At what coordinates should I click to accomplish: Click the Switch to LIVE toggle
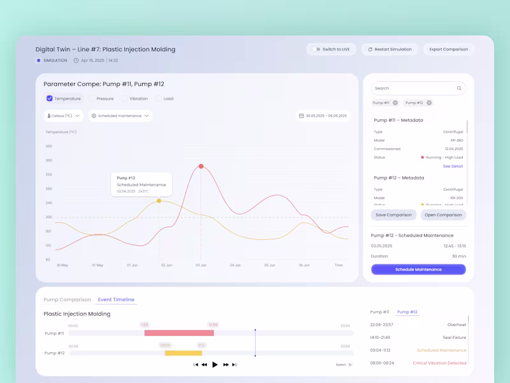317,49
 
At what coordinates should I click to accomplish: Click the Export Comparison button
448,49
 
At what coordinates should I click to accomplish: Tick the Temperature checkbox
50,98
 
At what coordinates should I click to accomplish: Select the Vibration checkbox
125,99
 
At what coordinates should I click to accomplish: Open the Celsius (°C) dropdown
64,116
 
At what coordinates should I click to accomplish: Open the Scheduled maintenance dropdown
120,116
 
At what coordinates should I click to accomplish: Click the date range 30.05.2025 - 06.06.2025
323,116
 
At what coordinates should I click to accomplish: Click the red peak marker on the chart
201,166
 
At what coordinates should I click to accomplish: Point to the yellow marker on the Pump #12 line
159,201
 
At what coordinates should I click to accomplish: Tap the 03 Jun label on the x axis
201,265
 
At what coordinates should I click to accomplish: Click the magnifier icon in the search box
459,88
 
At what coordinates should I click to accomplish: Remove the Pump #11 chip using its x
395,103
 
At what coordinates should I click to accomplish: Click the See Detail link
453,166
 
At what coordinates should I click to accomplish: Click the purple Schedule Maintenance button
418,269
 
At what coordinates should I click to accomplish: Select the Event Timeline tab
116,299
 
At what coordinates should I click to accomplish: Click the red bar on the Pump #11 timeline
179,333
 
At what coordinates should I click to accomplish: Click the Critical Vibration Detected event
439,363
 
